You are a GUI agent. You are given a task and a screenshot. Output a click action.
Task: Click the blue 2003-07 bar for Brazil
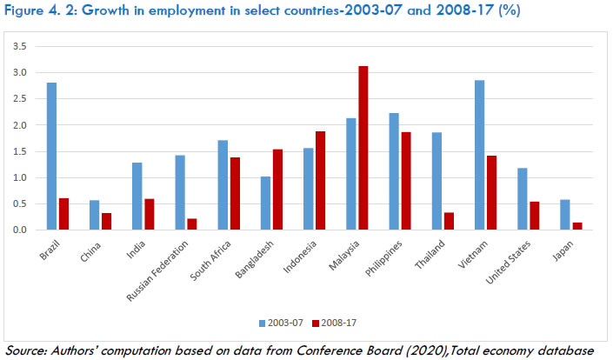click(x=51, y=157)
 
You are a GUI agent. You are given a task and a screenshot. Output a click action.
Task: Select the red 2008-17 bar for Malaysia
click(x=363, y=148)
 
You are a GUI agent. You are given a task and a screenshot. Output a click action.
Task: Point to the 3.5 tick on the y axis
click(x=20, y=46)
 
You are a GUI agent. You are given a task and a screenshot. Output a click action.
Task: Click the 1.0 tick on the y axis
click(x=20, y=178)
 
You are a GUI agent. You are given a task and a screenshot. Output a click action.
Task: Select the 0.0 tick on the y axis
click(x=20, y=230)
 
